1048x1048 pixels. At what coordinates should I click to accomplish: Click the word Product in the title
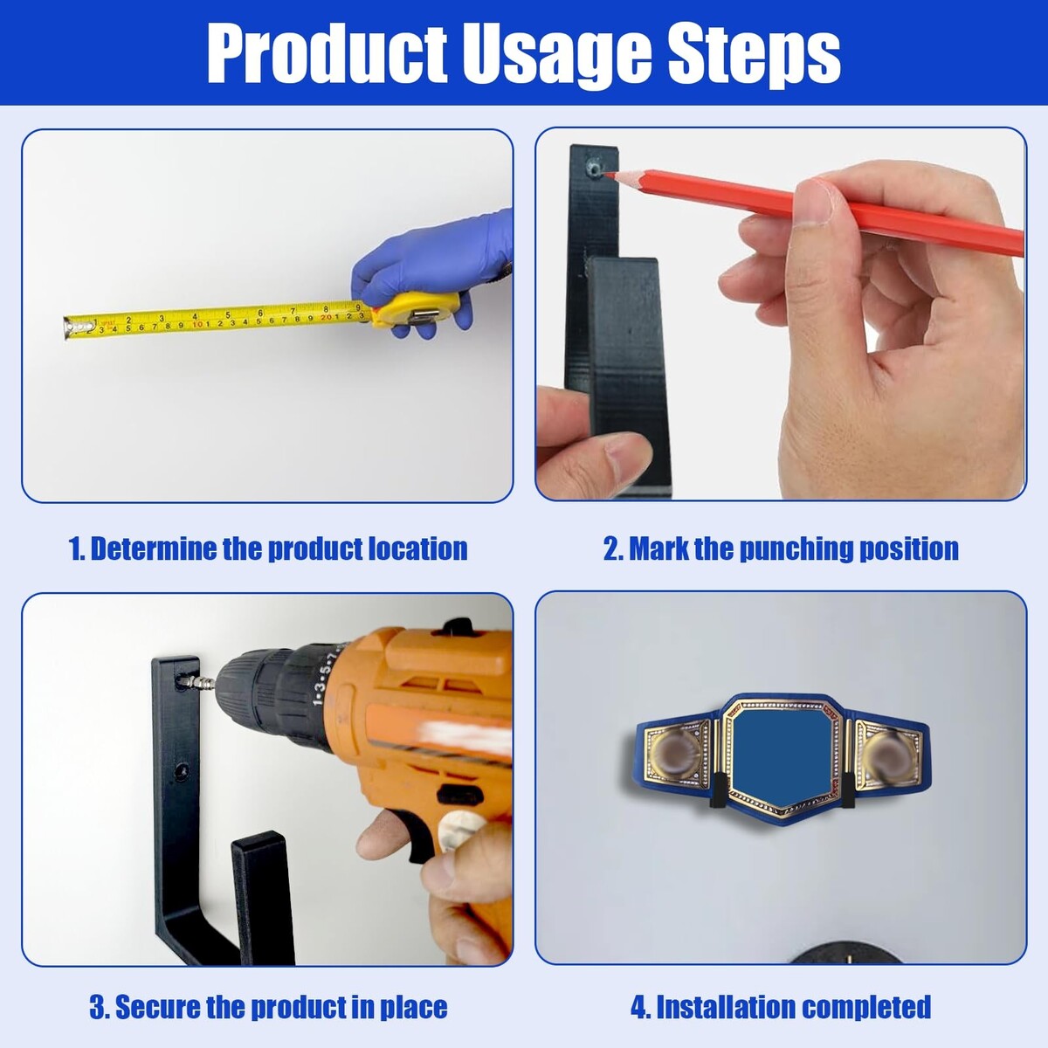click(x=327, y=54)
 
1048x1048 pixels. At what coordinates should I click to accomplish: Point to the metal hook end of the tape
click(x=70, y=328)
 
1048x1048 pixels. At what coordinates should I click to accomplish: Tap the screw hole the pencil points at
click(x=595, y=168)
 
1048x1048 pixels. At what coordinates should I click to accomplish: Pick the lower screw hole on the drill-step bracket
click(x=181, y=769)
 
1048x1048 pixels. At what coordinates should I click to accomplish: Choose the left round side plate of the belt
click(x=676, y=756)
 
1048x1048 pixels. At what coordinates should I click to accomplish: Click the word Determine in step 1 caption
click(x=152, y=548)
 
